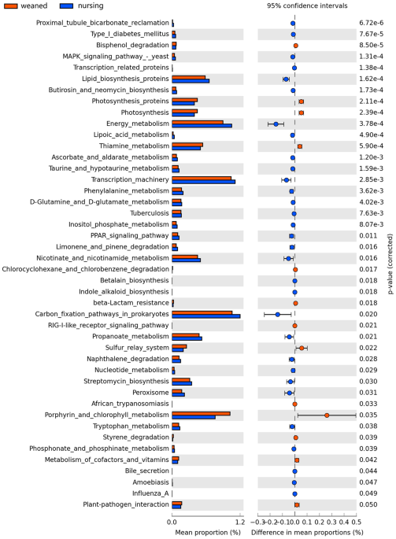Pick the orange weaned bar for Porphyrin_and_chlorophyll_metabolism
point(201,413)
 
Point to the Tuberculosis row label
point(149,212)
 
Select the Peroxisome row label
point(149,392)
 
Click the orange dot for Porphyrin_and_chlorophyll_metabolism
point(327,415)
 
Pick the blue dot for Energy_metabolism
point(276,124)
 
